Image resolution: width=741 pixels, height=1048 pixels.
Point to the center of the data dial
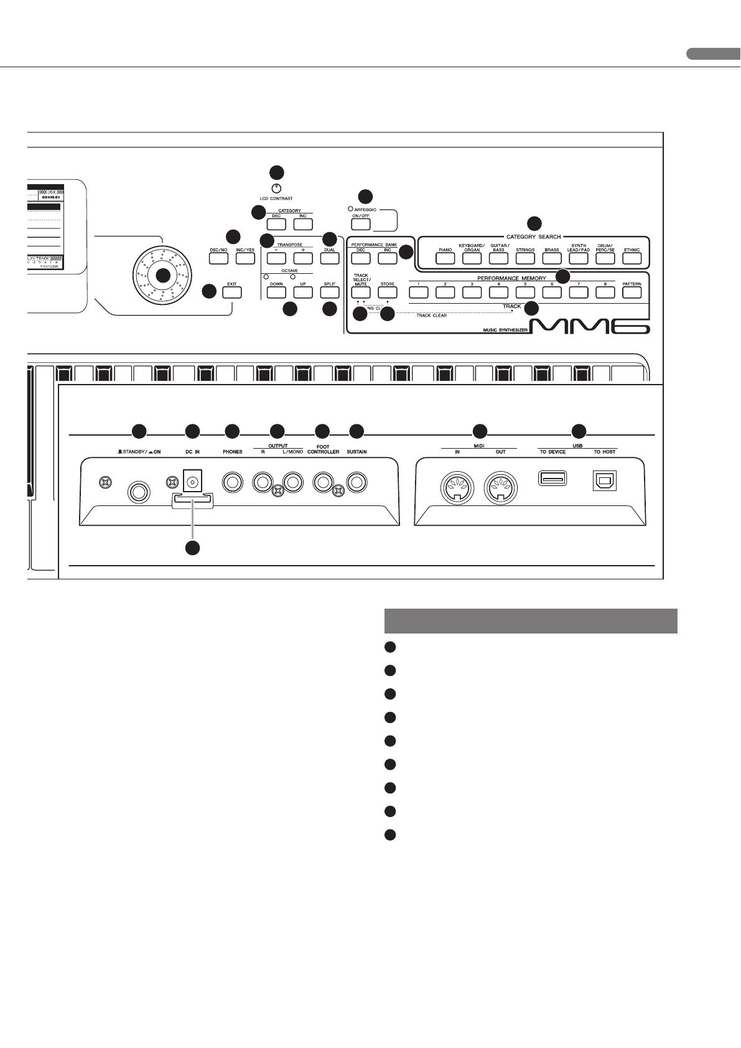pos(163,275)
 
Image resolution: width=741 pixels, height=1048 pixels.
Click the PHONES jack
pos(233,482)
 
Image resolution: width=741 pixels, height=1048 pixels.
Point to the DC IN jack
pos(192,480)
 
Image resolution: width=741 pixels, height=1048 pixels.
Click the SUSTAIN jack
pos(357,482)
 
